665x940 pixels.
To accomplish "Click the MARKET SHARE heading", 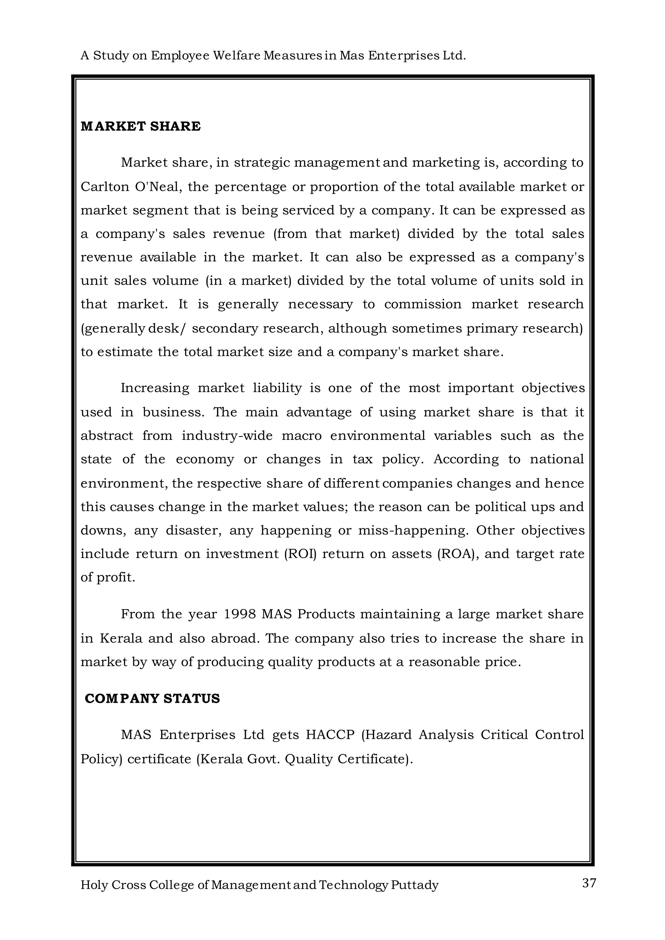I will click(141, 127).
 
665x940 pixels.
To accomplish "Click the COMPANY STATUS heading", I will click(152, 699).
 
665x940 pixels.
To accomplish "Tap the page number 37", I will click(589, 883).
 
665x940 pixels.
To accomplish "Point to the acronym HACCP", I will click(330, 735).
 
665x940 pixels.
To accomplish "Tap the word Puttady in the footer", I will click(414, 885).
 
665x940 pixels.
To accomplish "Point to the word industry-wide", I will click(227, 436).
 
